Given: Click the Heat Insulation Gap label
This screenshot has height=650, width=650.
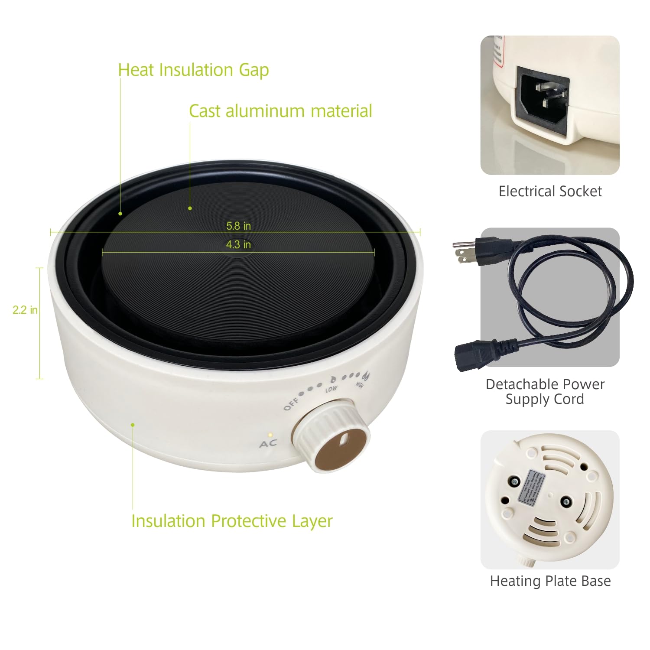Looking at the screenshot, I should pos(193,70).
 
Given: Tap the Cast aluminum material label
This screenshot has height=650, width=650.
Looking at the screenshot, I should pos(280,111).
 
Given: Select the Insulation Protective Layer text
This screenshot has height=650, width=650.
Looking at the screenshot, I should pos(232,521).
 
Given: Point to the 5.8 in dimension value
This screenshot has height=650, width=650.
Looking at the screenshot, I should pos(238,226).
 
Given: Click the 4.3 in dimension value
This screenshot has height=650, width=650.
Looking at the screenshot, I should pos(238,245).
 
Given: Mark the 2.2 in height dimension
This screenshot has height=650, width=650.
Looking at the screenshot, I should pos(25,310).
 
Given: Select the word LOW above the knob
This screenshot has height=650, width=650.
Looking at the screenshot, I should pos(331,389).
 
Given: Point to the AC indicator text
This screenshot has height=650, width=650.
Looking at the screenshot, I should pos(268,444).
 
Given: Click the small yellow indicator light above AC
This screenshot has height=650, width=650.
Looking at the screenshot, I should pos(270,434).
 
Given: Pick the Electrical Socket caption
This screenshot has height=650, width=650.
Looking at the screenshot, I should pos(550,191).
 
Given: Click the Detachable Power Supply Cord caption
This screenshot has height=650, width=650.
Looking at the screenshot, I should pos(545,391).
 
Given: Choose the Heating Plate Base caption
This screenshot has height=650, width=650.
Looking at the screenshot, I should pos(550,581).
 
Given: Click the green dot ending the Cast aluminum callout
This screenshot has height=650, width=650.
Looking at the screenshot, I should pos(190,208).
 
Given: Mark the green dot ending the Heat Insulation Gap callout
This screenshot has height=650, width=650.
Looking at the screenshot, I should pos(120,214).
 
